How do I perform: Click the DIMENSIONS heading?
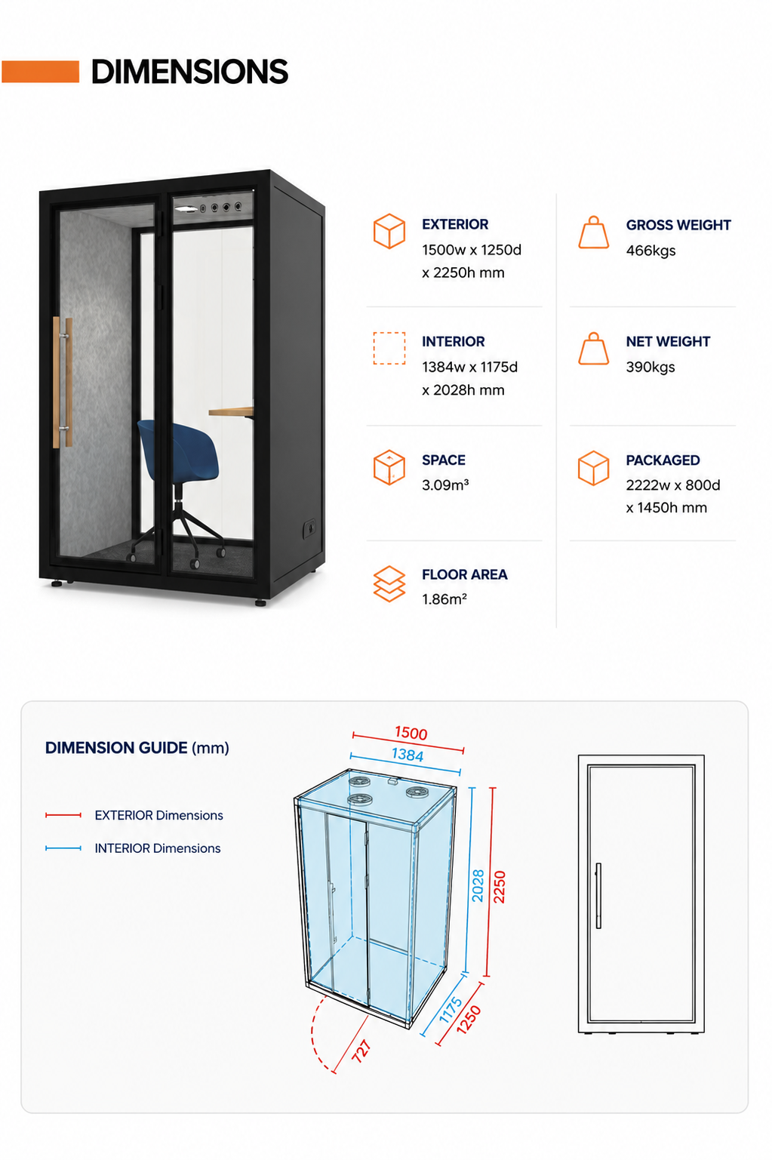[x=189, y=72]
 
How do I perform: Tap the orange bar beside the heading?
[x=41, y=72]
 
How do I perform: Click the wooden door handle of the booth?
[x=62, y=382]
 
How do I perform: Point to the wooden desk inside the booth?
[x=231, y=412]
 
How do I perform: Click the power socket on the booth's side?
[x=309, y=528]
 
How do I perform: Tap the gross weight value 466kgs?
[x=651, y=251]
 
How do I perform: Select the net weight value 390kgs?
[x=651, y=367]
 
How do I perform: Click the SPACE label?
[x=443, y=460]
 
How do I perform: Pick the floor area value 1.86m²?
[x=444, y=599]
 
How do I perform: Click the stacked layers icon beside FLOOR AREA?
[x=389, y=583]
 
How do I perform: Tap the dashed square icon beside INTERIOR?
[x=389, y=348]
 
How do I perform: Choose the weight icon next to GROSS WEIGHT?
[x=593, y=232]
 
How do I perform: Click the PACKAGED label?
[x=663, y=460]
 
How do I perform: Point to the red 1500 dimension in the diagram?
[x=411, y=733]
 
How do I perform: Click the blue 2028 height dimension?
[x=478, y=885]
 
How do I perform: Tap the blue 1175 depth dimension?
[x=451, y=1010]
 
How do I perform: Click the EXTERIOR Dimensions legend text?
[x=158, y=815]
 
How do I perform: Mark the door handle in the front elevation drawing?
[x=598, y=895]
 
